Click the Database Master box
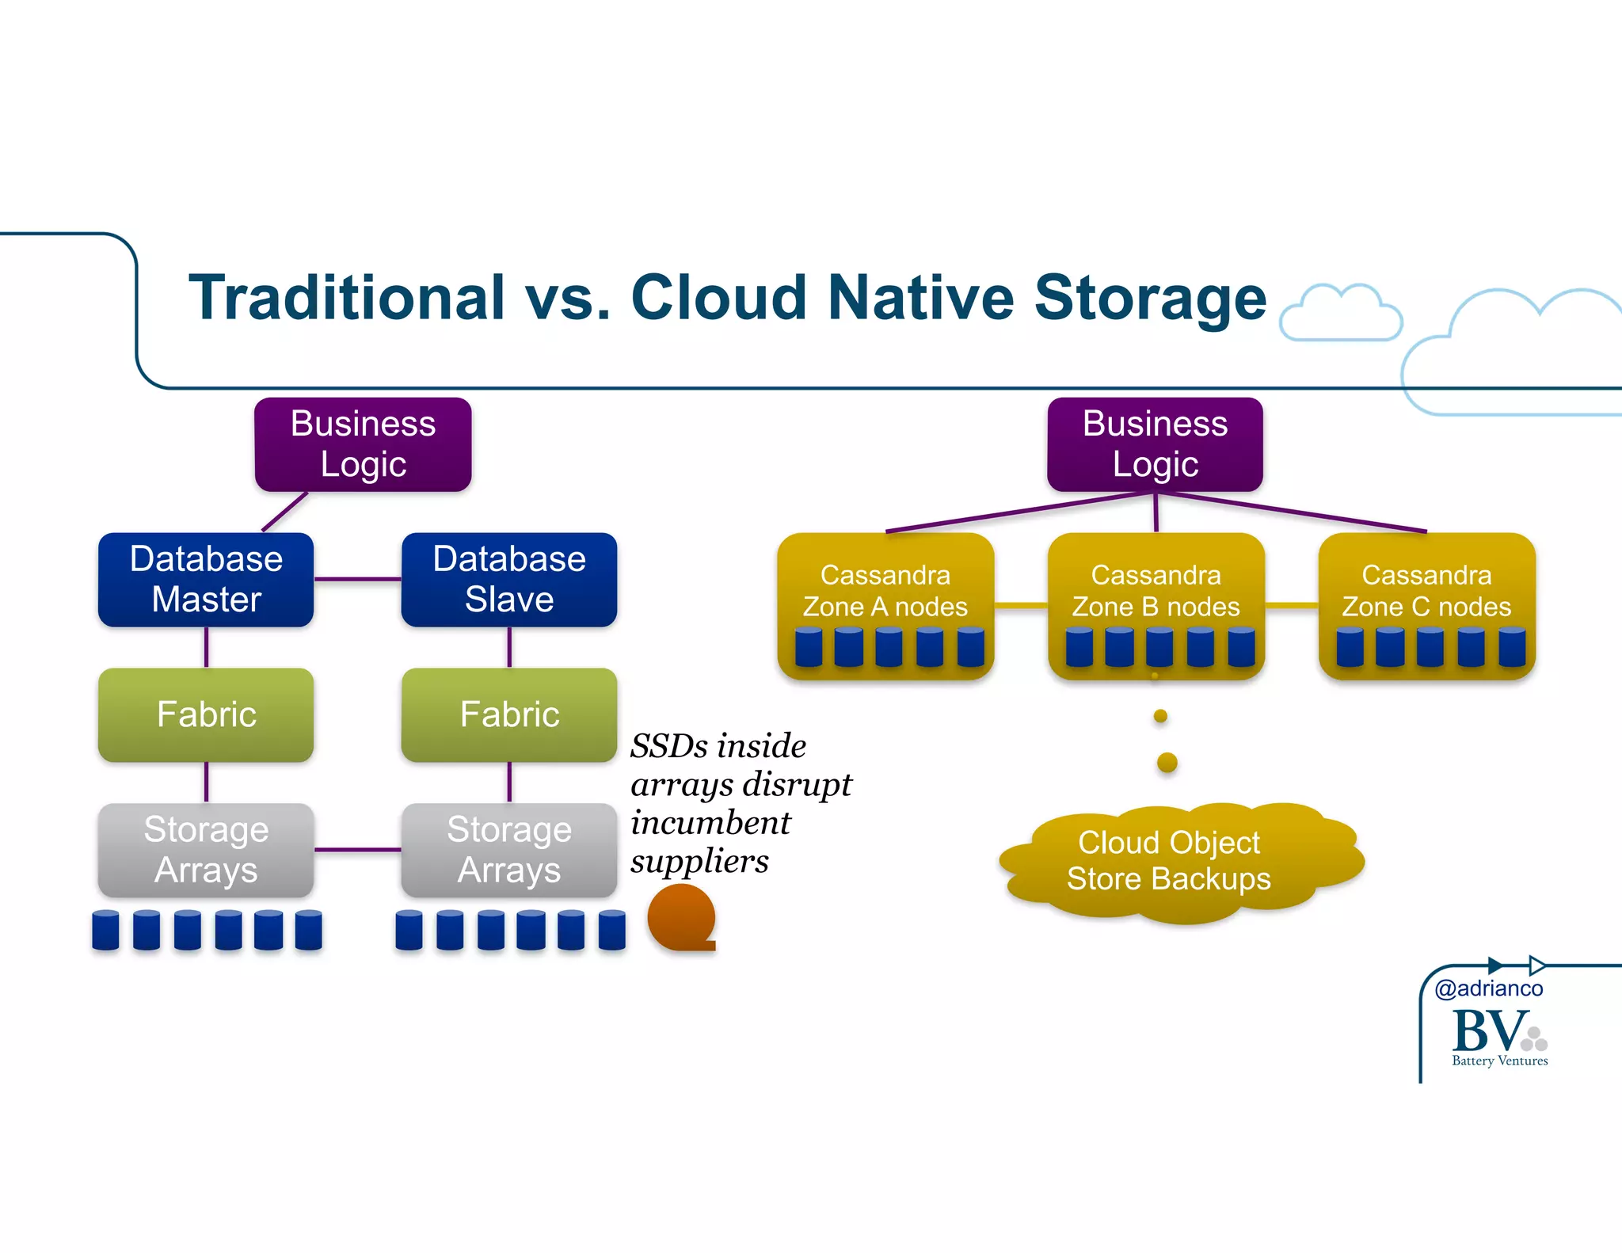[206, 579]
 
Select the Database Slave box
[508, 579]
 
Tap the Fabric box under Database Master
[206, 714]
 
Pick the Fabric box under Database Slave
[508, 714]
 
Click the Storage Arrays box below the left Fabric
[206, 849]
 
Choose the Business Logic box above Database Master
[363, 444]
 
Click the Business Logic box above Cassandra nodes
[1155, 444]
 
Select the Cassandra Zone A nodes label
[885, 591]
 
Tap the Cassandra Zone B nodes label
[1156, 591]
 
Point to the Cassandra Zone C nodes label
[1426, 591]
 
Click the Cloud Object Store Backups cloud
[1169, 861]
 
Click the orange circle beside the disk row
[680, 917]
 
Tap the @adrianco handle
[1488, 988]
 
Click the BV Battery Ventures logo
[1497, 1037]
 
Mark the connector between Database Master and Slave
[357, 579]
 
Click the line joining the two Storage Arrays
[357, 850]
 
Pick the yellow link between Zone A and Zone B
[1020, 606]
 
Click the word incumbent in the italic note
[710, 823]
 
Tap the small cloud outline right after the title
[1340, 314]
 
